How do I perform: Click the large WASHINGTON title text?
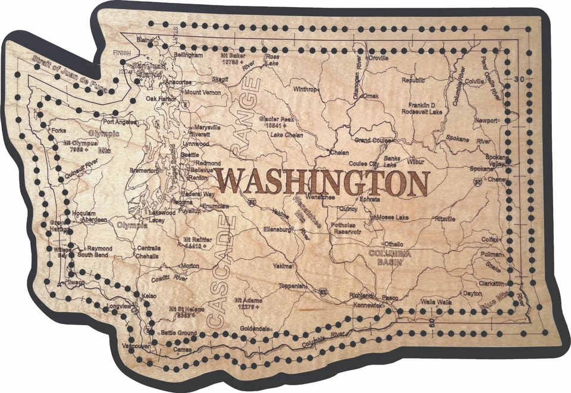322,182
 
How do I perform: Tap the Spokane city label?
481,169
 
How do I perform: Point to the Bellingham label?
189,54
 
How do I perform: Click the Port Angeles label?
120,122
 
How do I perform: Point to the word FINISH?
121,53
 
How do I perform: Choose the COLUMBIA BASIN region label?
390,256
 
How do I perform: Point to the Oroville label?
378,58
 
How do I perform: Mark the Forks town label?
58,130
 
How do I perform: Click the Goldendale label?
255,328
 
